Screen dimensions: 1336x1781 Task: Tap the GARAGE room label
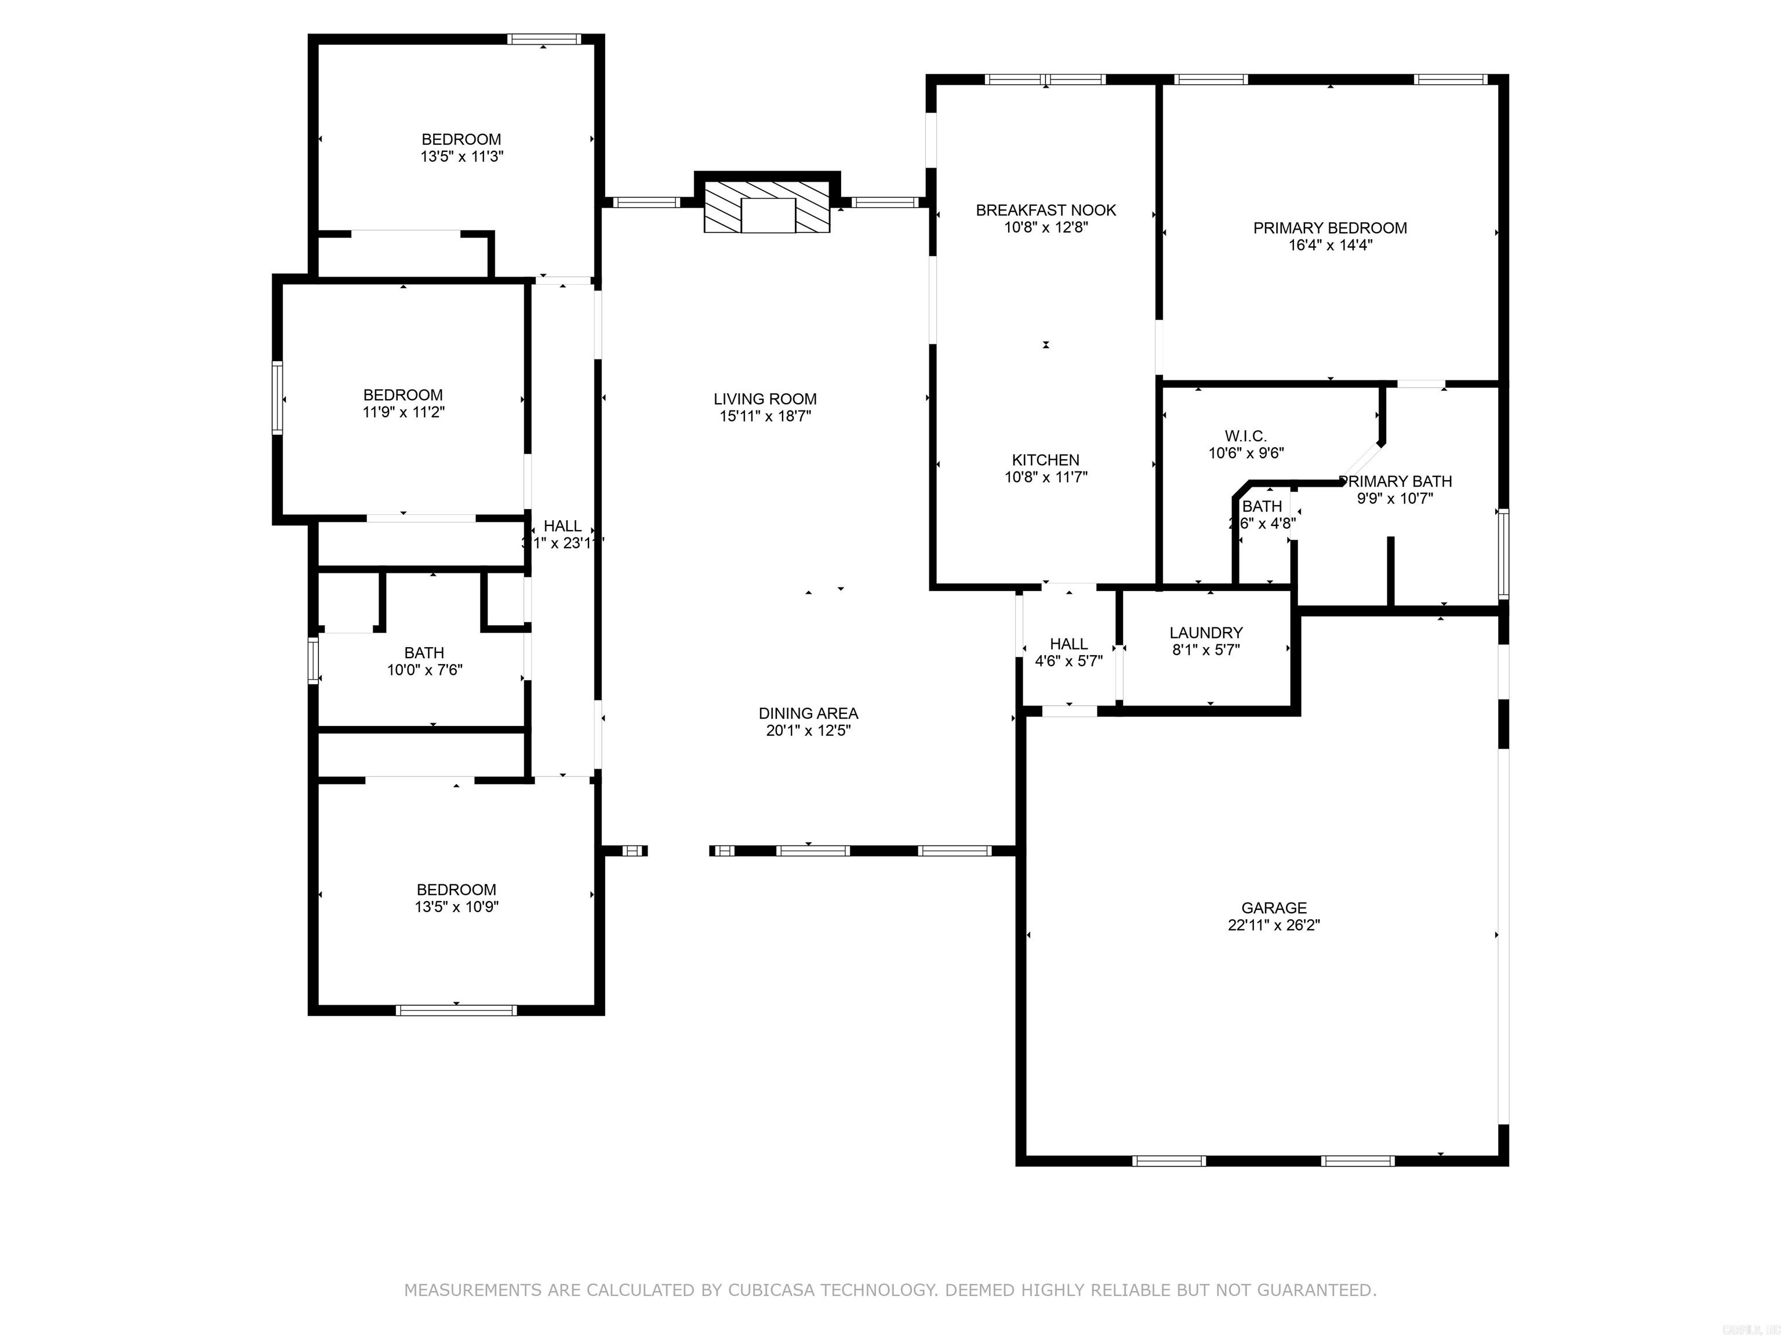[1273, 907]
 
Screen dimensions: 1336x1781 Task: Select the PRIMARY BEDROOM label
[1329, 228]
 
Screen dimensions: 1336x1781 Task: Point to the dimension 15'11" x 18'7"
[765, 416]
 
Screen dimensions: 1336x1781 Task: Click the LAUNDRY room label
[1205, 633]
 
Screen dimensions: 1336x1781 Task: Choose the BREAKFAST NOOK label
[1045, 210]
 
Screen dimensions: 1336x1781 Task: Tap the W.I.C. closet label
[1245, 437]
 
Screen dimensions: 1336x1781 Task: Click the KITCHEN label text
[1045, 460]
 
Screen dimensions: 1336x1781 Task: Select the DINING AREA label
[808, 713]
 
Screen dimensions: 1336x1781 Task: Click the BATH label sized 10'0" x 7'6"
[424, 653]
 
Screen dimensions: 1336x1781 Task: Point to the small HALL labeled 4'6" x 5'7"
[1068, 644]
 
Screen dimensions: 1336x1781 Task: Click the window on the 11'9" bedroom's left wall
[277, 398]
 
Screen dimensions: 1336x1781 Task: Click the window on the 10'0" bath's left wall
[313, 660]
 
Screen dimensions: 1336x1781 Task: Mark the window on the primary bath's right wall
[1502, 553]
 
